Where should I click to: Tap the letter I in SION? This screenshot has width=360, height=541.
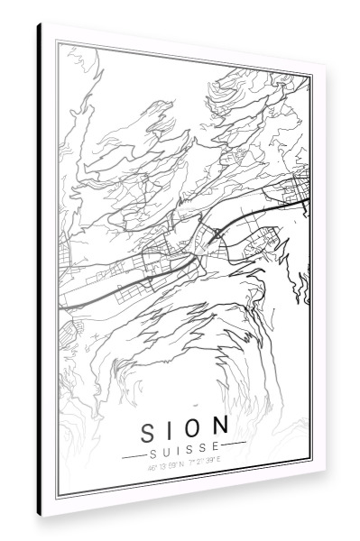[x=171, y=424]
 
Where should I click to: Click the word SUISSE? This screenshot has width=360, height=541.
[x=183, y=445]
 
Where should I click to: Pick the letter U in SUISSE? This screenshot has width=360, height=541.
[x=165, y=445]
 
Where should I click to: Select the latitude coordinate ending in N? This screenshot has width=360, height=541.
[x=162, y=461]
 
